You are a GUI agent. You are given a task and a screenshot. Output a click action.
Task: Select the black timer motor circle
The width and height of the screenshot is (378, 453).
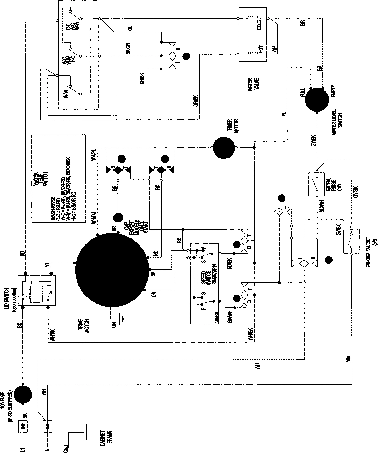224,148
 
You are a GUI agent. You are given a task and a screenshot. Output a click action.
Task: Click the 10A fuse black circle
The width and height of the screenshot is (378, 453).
23,394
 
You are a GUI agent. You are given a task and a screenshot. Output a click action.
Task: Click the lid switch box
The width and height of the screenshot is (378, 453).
37,290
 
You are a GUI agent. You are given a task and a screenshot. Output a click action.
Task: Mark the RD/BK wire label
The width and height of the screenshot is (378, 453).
229,263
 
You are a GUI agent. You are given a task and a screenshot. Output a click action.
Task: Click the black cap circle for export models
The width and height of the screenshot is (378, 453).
118,218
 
